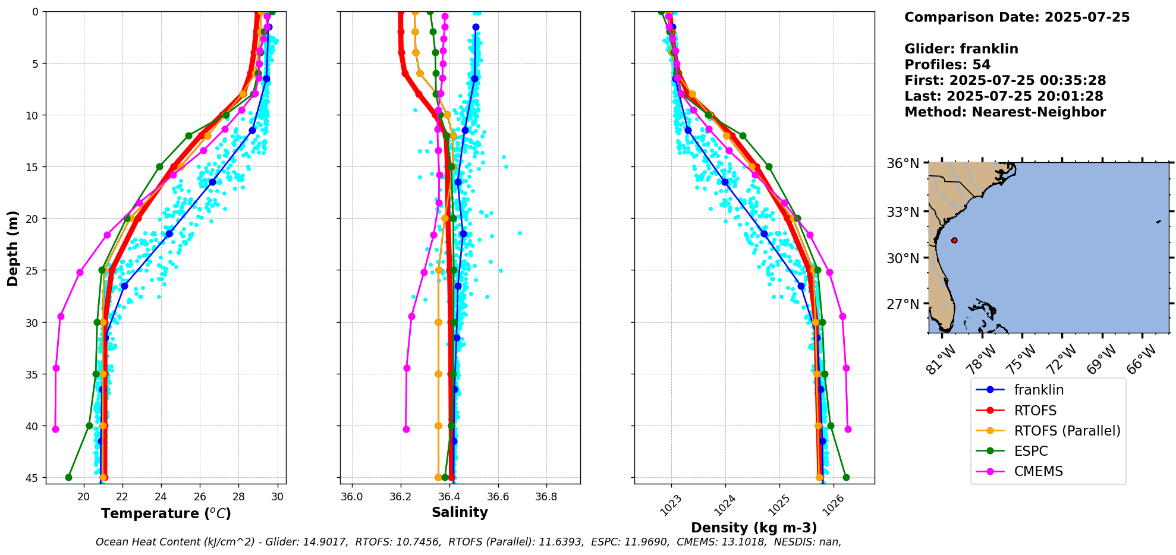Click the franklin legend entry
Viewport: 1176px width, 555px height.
pyautogui.click(x=1038, y=390)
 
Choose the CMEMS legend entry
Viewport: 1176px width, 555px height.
pyautogui.click(x=1038, y=471)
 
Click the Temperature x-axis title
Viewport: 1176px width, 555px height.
pyautogui.click(x=166, y=513)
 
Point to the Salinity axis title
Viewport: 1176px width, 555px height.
pyautogui.click(x=460, y=512)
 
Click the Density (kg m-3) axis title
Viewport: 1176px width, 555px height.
pyautogui.click(x=754, y=528)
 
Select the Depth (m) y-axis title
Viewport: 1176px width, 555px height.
pyautogui.click(x=12, y=248)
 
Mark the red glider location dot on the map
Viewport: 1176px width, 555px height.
pyautogui.click(x=954, y=240)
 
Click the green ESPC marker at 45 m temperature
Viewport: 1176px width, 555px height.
pyautogui.click(x=68, y=477)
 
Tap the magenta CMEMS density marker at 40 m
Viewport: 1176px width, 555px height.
pyautogui.click(x=848, y=429)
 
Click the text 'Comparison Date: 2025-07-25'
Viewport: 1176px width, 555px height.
pyautogui.click(x=1017, y=17)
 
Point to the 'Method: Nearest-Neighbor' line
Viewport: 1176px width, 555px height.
pyautogui.click(x=1005, y=112)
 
